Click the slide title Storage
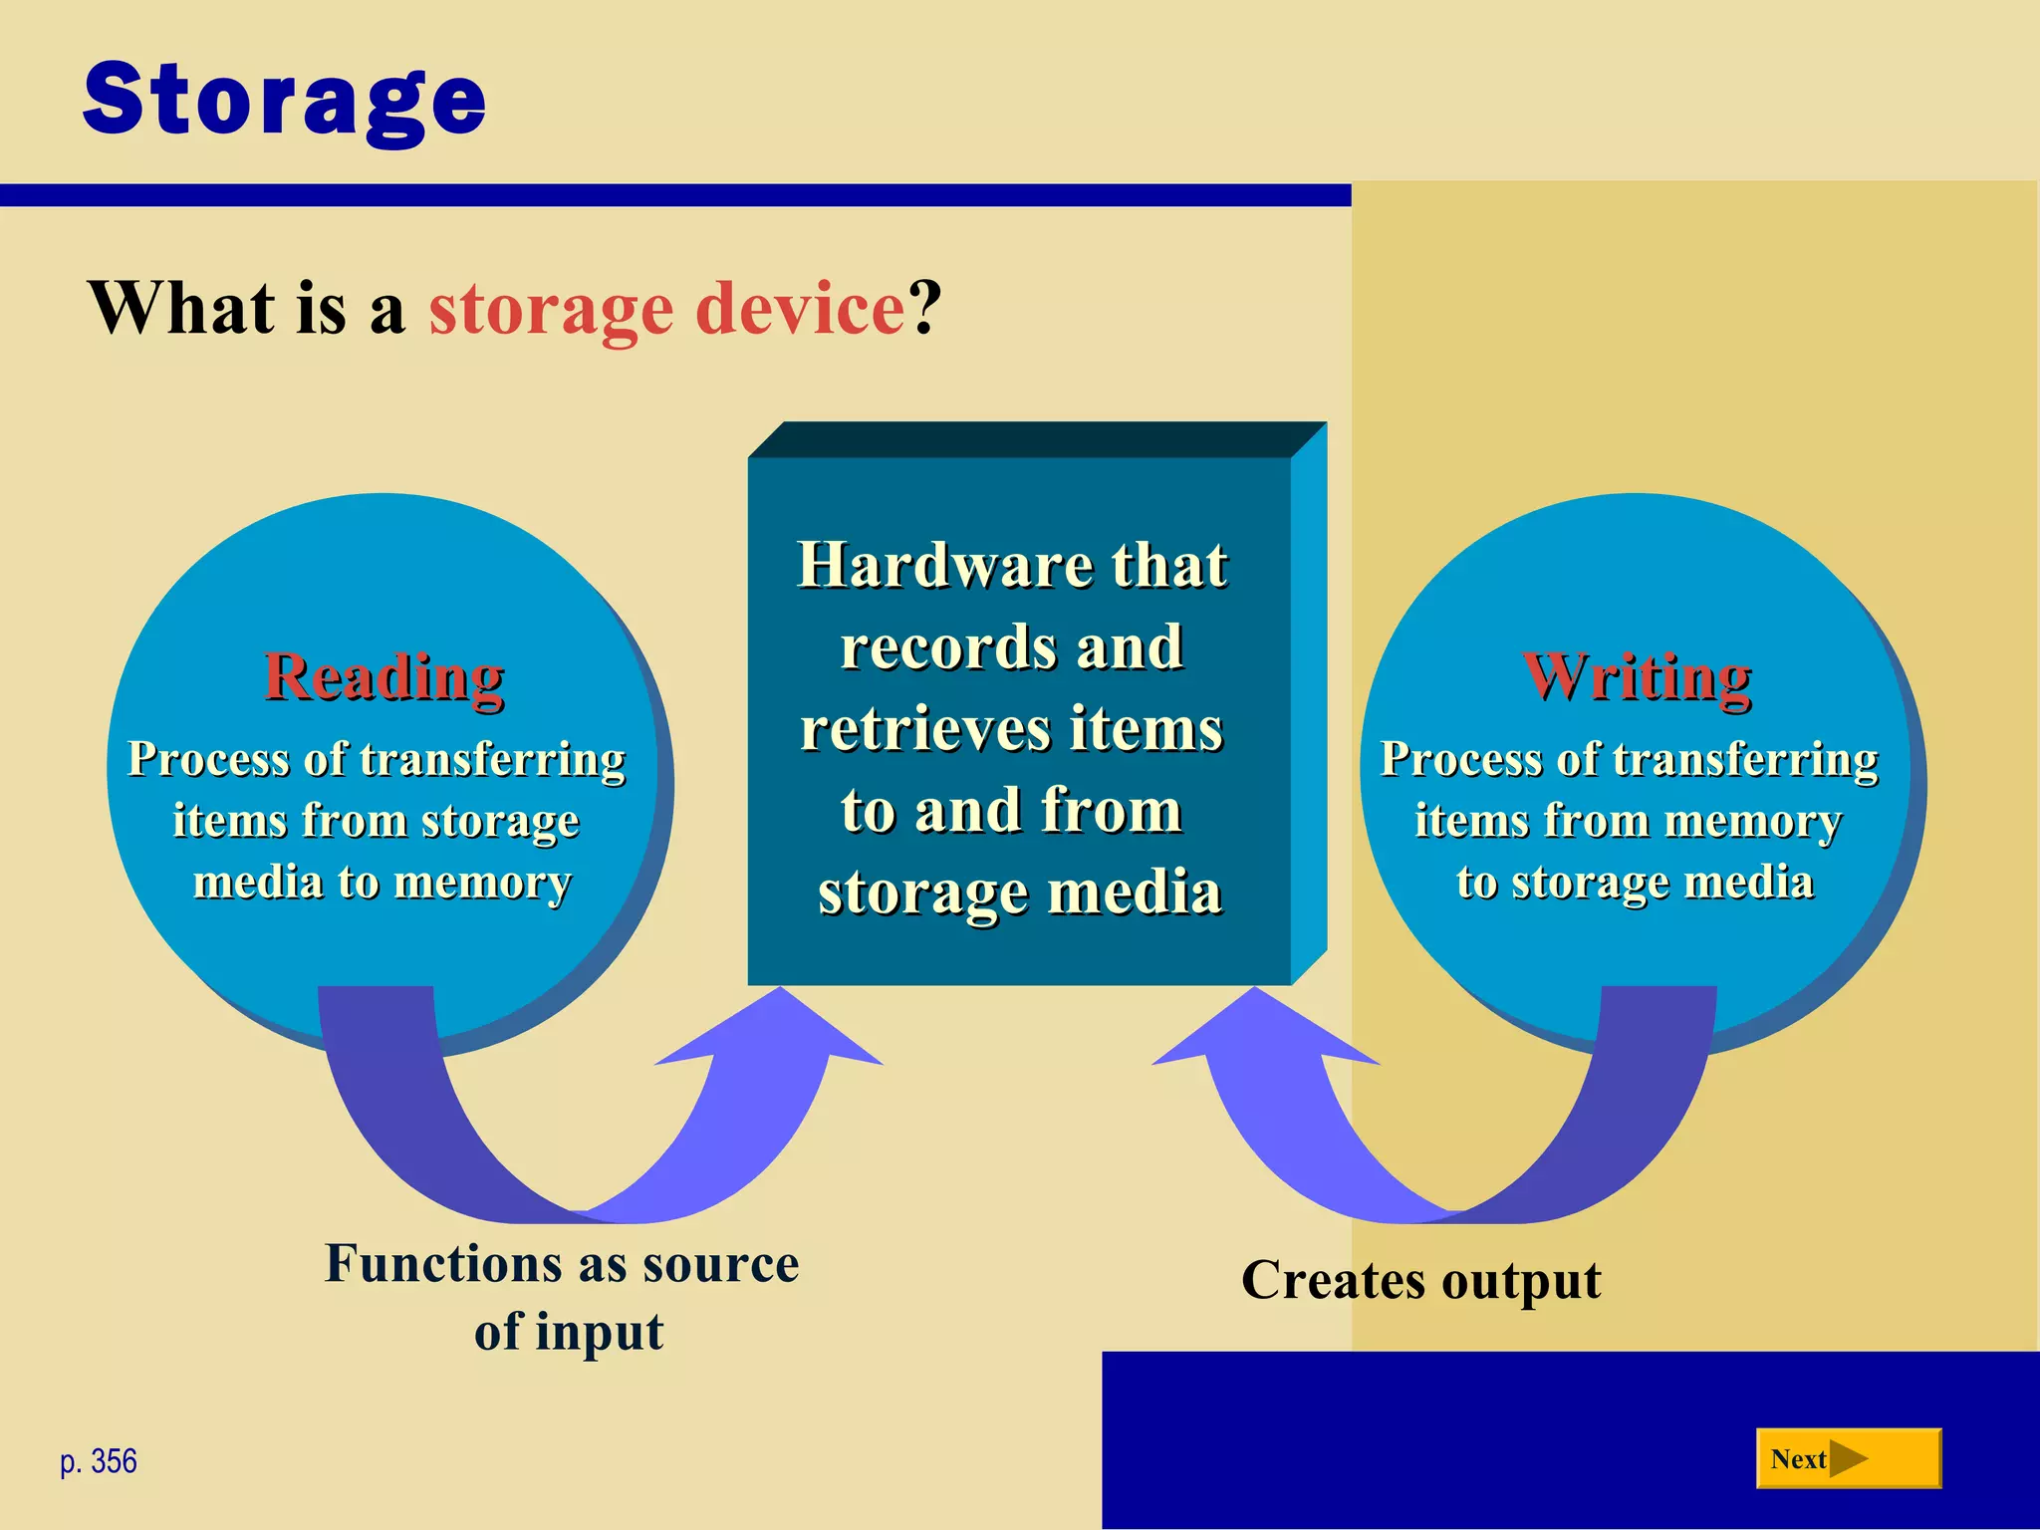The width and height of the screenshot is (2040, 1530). pyautogui.click(x=284, y=100)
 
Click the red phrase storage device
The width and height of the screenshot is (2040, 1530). pyautogui.click(x=666, y=309)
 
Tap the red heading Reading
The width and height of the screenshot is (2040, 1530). pyautogui.click(x=384, y=677)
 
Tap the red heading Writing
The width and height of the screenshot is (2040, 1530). pyautogui.click(x=1637, y=677)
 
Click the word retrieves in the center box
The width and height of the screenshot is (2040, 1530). pyautogui.click(x=926, y=729)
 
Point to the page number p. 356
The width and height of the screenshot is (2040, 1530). pyautogui.click(x=99, y=1461)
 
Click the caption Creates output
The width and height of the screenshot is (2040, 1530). pyautogui.click(x=1420, y=1281)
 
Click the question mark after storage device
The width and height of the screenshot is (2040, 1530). pyautogui.click(x=923, y=309)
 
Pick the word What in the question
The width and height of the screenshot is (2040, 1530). pyautogui.click(x=181, y=309)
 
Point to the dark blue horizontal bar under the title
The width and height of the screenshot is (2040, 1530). pyautogui.click(x=675, y=195)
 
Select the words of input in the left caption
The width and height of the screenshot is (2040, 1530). pyautogui.click(x=568, y=1333)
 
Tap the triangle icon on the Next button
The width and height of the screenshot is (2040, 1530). pyautogui.click(x=1848, y=1459)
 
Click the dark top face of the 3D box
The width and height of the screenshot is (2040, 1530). pyautogui.click(x=1036, y=439)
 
